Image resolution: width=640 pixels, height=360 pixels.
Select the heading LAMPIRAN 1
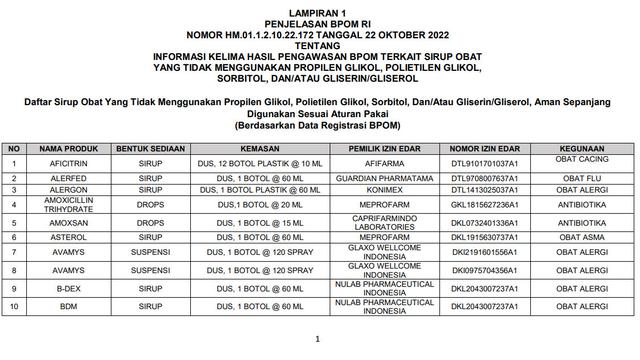(x=319, y=7)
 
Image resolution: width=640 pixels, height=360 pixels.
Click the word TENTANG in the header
(x=319, y=32)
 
